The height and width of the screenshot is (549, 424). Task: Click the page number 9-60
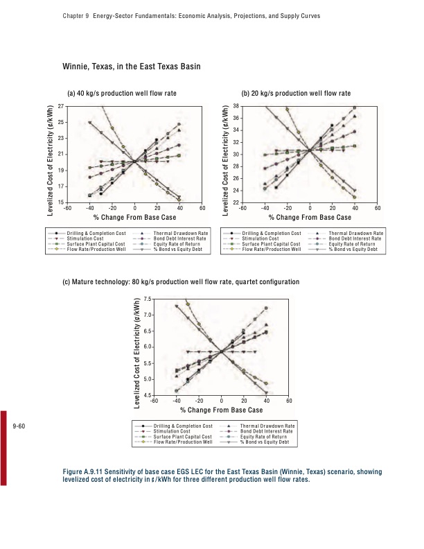(19, 425)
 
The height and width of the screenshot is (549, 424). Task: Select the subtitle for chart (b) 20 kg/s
(296, 93)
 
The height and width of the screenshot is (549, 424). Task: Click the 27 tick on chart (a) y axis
(61, 106)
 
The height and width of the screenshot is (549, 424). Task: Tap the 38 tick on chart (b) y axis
(236, 106)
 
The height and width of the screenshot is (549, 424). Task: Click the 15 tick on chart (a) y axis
(61, 202)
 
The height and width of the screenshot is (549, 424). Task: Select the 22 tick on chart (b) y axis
(236, 202)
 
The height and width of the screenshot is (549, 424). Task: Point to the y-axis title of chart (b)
(227, 154)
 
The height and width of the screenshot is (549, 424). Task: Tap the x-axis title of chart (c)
(221, 410)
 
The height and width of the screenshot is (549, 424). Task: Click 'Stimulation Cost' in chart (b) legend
(260, 238)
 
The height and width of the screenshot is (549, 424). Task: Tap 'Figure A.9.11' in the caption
(82, 471)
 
